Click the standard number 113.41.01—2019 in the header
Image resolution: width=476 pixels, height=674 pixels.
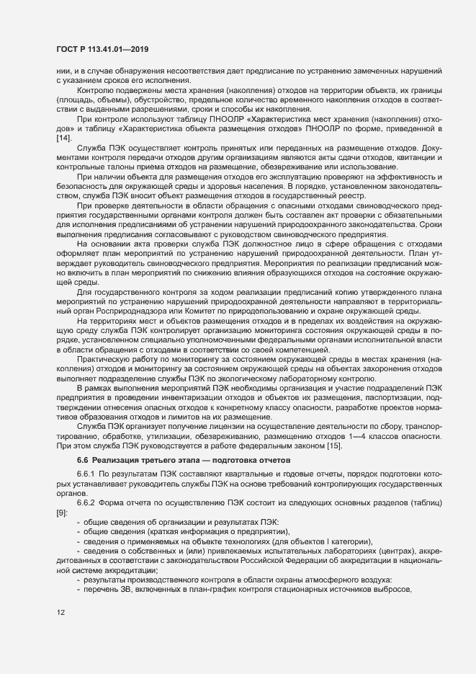(x=117, y=48)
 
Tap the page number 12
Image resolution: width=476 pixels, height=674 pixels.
(x=60, y=613)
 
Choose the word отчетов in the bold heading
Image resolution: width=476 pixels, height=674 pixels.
(x=271, y=459)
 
